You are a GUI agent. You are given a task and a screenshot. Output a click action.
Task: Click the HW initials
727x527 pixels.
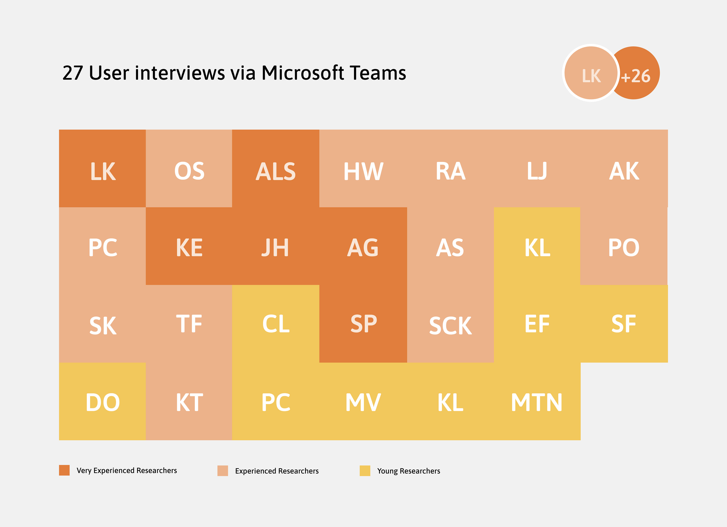tap(363, 171)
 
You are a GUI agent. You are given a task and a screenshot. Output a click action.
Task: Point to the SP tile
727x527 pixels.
tap(363, 324)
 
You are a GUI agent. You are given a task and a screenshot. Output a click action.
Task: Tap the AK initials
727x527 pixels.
tap(624, 171)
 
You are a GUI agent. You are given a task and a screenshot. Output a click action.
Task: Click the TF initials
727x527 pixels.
tap(189, 324)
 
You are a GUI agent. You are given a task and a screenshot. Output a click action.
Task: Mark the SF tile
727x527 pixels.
tap(624, 324)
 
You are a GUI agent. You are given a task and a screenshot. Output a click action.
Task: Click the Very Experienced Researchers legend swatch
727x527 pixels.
tap(64, 470)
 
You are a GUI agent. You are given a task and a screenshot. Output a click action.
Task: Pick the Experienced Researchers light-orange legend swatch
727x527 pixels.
tap(222, 471)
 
